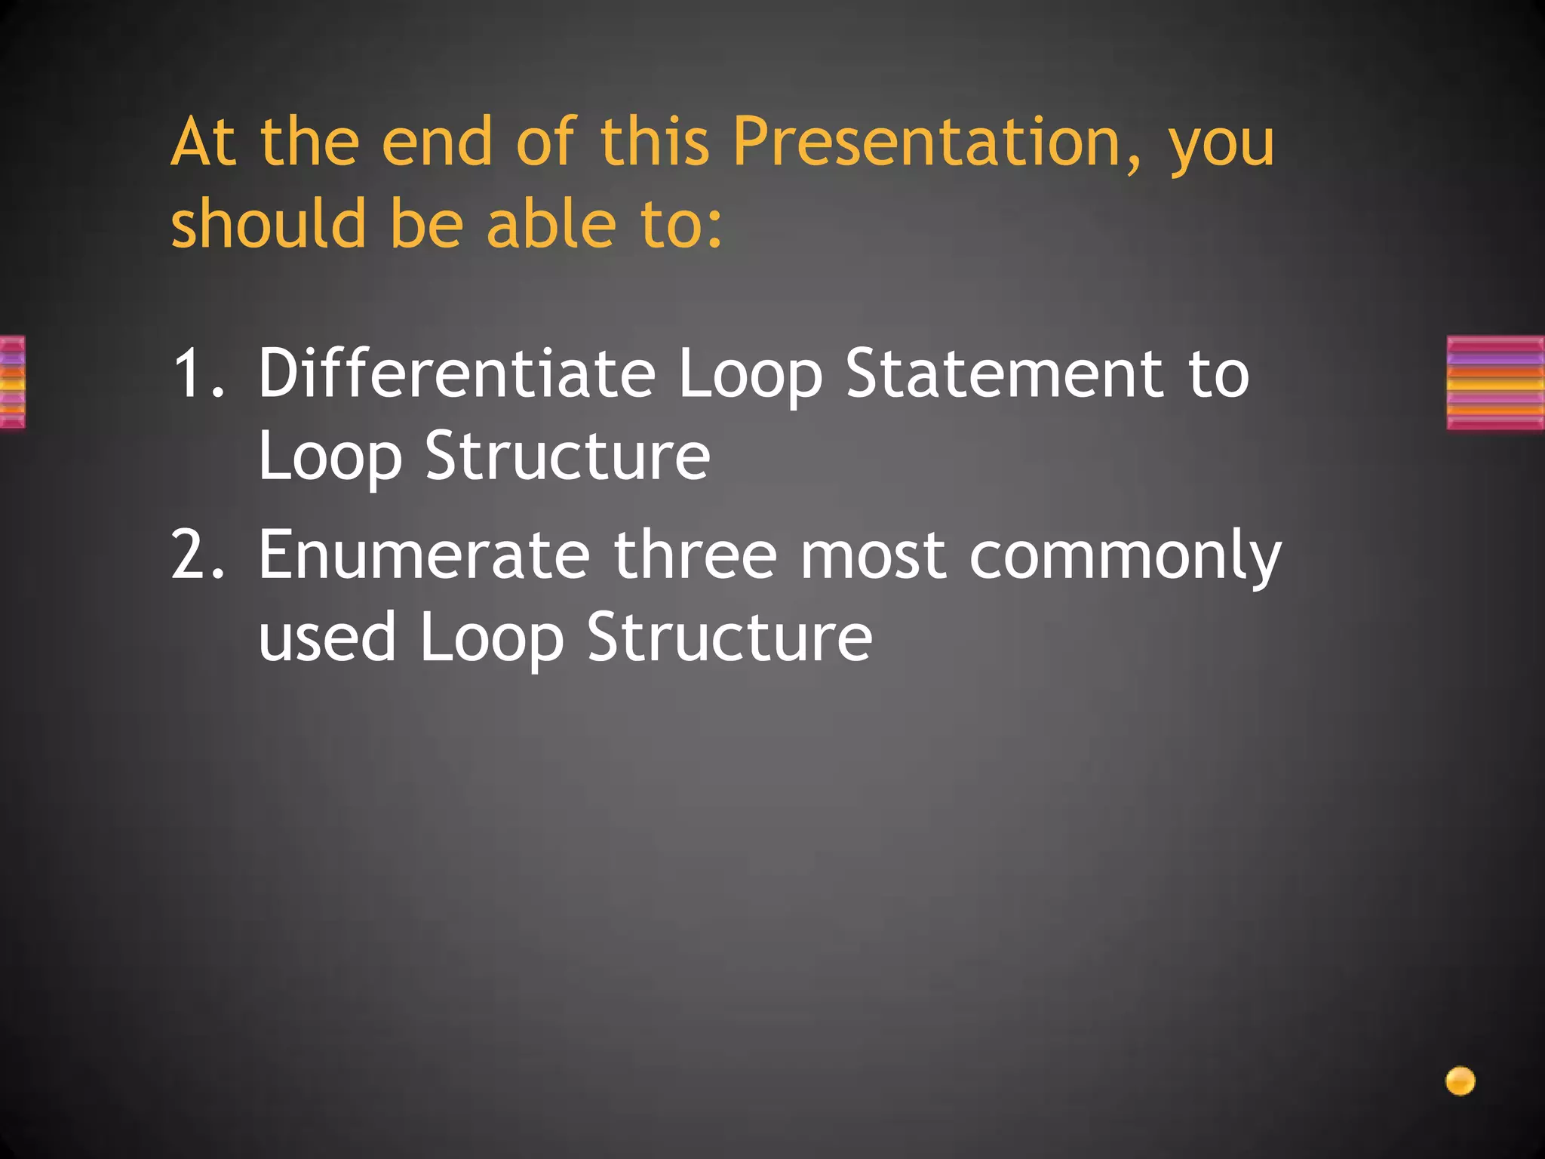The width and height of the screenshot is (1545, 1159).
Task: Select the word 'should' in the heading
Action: (x=269, y=224)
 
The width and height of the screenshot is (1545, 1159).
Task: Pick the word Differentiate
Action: (x=457, y=373)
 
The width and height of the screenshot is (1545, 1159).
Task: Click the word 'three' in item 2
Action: (x=695, y=555)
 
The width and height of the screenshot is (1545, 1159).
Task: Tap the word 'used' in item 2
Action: (x=327, y=638)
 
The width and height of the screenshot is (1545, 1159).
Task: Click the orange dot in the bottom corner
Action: (x=1460, y=1081)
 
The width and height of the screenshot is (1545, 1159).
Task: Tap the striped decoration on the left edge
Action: (x=13, y=383)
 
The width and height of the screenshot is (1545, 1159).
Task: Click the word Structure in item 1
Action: (x=567, y=456)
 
